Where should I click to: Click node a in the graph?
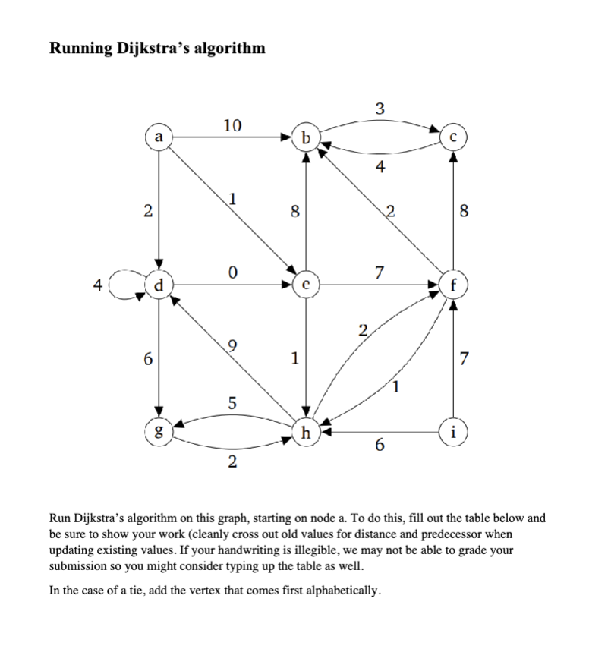click(x=158, y=137)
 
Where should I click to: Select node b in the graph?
click(x=305, y=137)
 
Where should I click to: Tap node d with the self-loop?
click(x=158, y=286)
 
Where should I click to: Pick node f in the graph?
click(x=453, y=286)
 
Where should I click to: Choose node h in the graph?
click(x=306, y=433)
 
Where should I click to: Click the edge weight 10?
click(x=233, y=125)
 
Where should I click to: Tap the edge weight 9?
click(x=233, y=347)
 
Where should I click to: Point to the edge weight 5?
click(x=233, y=407)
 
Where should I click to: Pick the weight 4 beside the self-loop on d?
click(x=97, y=286)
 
